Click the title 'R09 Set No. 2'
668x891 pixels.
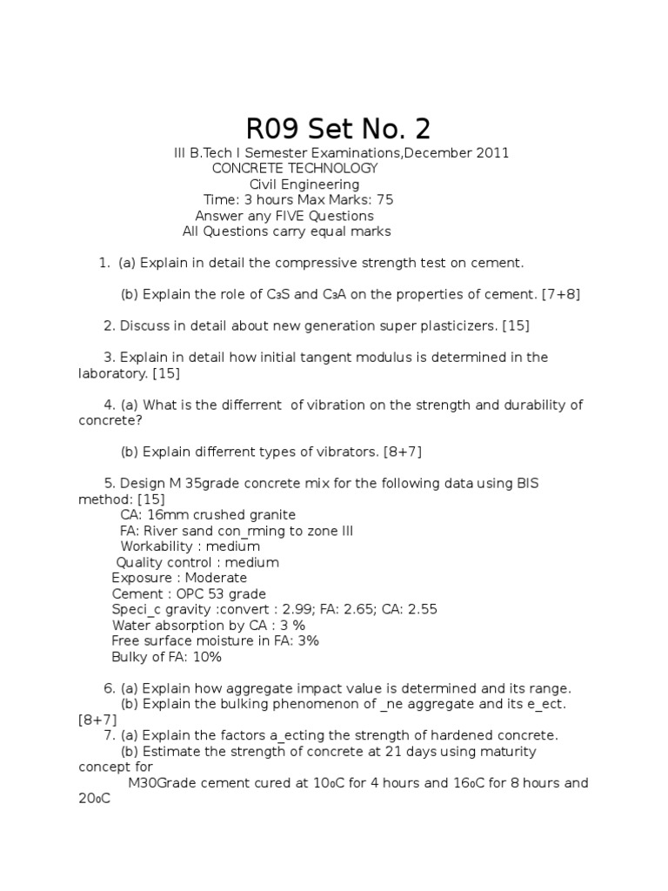tap(338, 129)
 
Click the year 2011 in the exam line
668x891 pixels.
tap(492, 153)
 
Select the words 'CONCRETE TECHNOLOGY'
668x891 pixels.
tap(295, 169)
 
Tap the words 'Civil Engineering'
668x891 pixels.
tap(304, 184)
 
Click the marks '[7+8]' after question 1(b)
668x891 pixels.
tap(561, 294)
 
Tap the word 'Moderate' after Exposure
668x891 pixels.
tap(217, 578)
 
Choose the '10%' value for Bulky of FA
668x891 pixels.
tap(204, 656)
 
